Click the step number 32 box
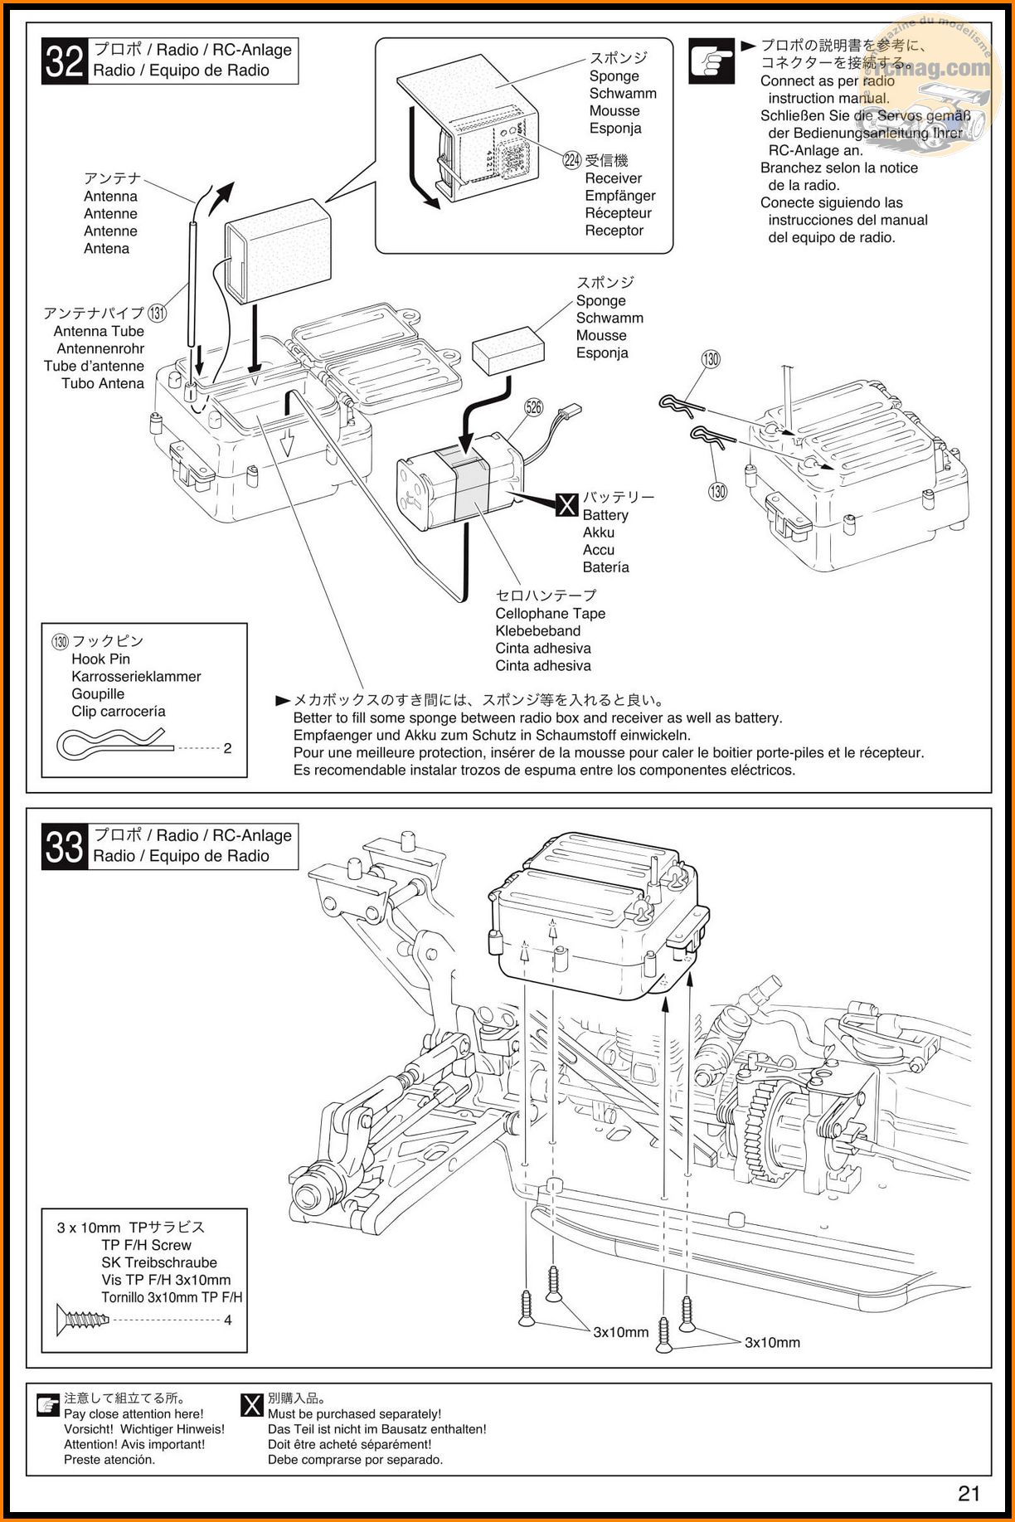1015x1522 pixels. tap(64, 61)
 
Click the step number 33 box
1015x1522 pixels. tap(64, 847)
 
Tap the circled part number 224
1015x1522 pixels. tap(572, 160)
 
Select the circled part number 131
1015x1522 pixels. tap(157, 314)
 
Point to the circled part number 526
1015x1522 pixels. tap(534, 406)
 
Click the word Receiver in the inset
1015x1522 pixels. tap(614, 178)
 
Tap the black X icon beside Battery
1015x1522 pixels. tap(567, 504)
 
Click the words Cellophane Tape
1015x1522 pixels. tap(551, 614)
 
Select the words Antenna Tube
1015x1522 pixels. tap(99, 331)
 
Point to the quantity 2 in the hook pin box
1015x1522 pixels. tap(228, 748)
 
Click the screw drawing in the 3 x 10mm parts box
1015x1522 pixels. tap(82, 1320)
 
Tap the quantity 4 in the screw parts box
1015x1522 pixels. tap(228, 1320)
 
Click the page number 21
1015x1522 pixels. tap(969, 1494)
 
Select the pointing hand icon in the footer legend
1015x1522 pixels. tap(48, 1405)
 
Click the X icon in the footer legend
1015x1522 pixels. tap(251, 1405)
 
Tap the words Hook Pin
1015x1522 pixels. tap(101, 659)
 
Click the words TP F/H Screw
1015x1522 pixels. tap(147, 1245)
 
